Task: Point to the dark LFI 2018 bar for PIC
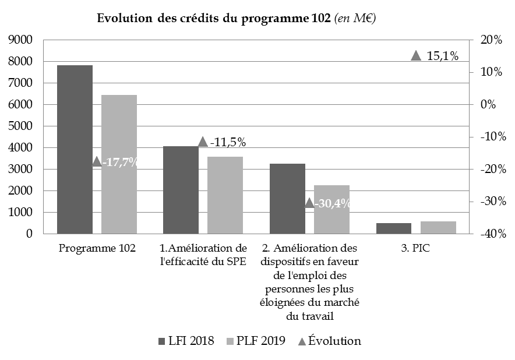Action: click(x=393, y=228)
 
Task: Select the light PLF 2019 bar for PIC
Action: click(x=438, y=227)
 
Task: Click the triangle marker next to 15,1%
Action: click(x=416, y=55)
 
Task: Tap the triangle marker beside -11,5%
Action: click(x=203, y=142)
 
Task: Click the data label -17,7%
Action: click(x=121, y=162)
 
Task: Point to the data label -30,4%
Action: click(x=333, y=203)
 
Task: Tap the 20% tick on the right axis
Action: click(x=491, y=40)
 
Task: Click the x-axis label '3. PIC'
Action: click(x=416, y=248)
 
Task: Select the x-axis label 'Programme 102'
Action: click(x=97, y=248)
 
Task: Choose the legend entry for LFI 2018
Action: click(x=186, y=341)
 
